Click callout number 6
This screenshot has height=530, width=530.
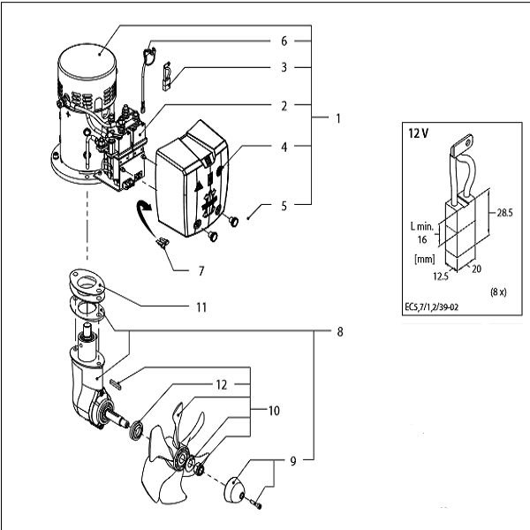tap(284, 42)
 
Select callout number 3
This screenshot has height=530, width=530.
tap(284, 68)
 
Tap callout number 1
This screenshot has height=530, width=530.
tap(338, 118)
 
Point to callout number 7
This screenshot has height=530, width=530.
tap(201, 271)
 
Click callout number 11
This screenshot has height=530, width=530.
tap(201, 307)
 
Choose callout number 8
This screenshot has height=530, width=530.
tap(340, 331)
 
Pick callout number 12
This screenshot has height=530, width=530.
tap(222, 384)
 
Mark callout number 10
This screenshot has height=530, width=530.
tap(274, 411)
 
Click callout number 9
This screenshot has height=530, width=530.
tap(293, 461)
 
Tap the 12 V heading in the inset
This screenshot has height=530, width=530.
tap(419, 133)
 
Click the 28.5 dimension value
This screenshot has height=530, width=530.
tap(504, 213)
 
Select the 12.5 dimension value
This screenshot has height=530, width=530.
tap(441, 276)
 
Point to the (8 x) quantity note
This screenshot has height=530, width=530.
tap(498, 292)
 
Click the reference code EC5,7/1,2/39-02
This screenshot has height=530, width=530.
tap(432, 307)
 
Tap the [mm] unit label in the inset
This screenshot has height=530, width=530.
tap(425, 259)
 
